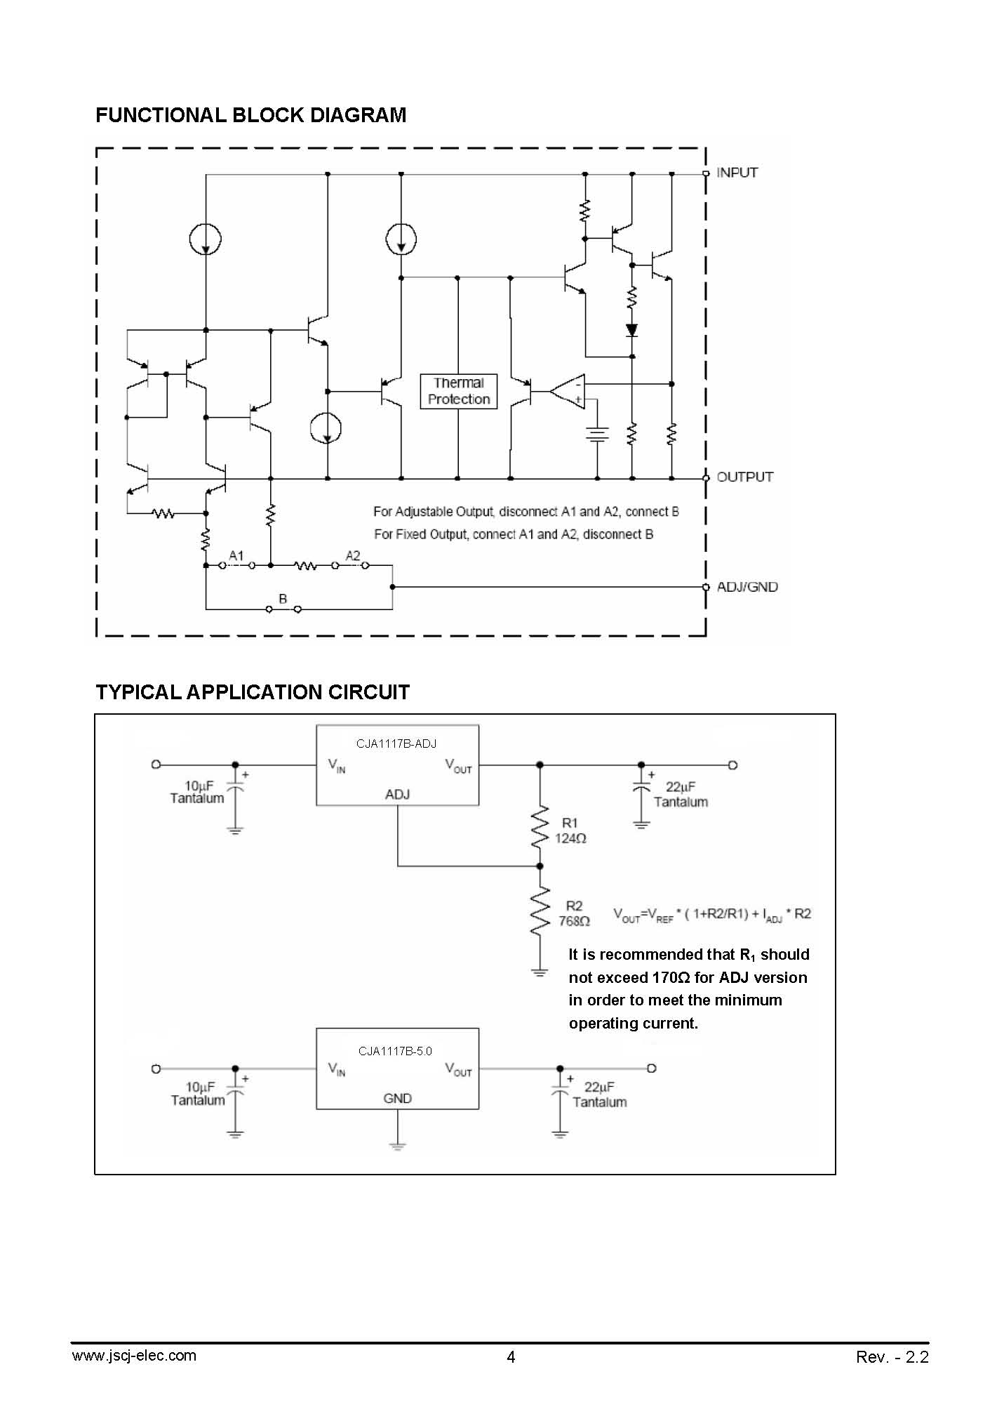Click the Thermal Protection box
458,391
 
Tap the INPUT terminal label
737,173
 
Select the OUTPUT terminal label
745,477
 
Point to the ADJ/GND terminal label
747,587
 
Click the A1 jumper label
236,555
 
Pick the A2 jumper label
353,555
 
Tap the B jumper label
283,599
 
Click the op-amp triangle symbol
567,391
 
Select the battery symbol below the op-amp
597,435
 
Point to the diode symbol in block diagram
631,329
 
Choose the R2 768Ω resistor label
574,913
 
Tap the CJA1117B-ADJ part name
396,743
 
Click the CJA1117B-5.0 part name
395,1051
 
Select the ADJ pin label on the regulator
397,794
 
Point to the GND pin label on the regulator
397,1098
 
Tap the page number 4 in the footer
511,1357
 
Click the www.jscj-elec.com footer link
134,1356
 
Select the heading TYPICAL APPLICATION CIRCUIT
253,692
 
